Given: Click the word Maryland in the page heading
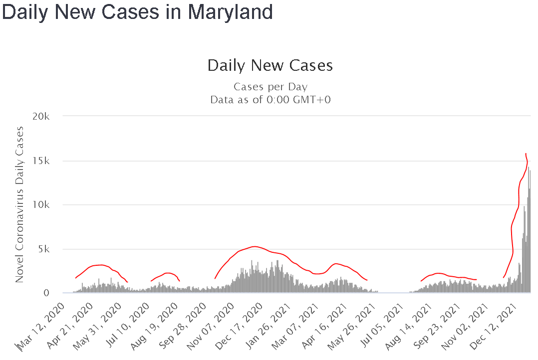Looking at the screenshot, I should coord(230,11).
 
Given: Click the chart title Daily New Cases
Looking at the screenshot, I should coord(269,65).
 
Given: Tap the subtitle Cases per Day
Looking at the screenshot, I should coord(270,87).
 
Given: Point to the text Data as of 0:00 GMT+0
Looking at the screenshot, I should coord(270,99).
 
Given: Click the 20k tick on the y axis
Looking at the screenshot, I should coord(41,116).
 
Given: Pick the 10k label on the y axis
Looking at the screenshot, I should coord(42,205).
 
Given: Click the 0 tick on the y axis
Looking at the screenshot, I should coord(48,293).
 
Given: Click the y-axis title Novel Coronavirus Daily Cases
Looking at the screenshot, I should coord(19,204).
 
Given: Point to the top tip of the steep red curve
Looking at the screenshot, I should coord(526,154).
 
